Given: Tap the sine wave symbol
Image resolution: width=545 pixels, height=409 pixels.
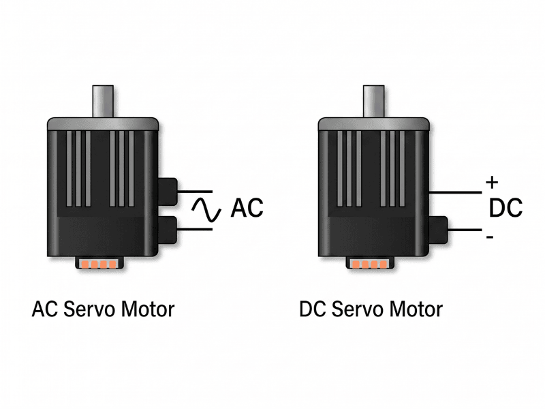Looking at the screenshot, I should click(x=205, y=209).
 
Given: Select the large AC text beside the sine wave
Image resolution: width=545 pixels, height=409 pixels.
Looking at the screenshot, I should click(x=247, y=208).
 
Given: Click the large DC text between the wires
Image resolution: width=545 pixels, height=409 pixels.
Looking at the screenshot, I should click(x=506, y=207).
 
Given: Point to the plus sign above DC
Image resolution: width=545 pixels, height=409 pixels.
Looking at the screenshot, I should click(x=491, y=183).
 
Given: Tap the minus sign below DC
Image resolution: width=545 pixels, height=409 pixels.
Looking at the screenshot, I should click(x=490, y=237).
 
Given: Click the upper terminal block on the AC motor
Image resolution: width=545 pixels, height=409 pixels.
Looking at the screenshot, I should click(x=168, y=190).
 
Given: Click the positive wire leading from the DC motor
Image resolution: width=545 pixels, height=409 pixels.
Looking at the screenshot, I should click(x=456, y=193).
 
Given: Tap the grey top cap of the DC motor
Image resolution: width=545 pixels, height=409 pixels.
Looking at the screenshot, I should click(x=374, y=123).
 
